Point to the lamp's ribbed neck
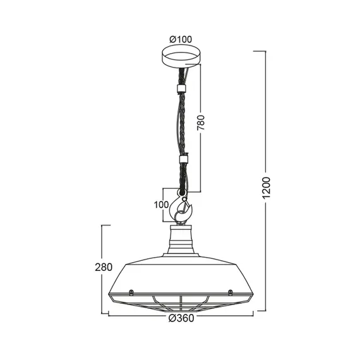pyautogui.click(x=181, y=239)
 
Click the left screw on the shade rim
pyautogui.click(x=130, y=292)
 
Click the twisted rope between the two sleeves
pyautogui.click(x=182, y=124)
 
